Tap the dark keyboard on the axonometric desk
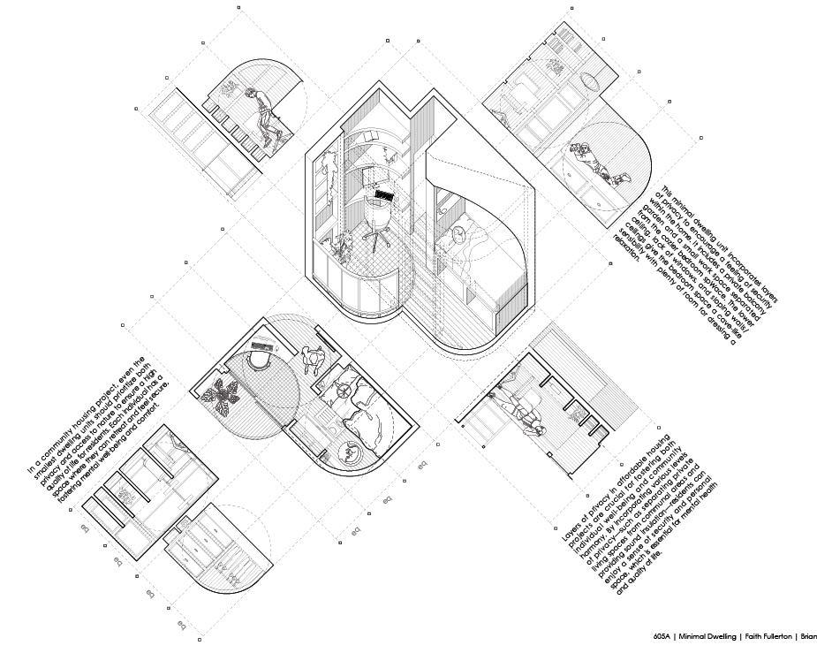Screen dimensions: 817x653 coord(383,192)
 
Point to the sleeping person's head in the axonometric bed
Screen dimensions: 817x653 coord(458,233)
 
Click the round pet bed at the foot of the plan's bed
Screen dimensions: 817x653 coord(352,454)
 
